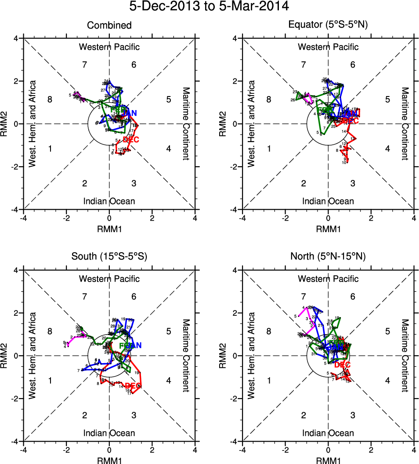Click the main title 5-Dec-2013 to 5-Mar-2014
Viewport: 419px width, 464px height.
click(209, 7)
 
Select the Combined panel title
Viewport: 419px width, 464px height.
click(109, 25)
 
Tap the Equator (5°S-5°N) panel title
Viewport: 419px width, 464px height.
click(328, 25)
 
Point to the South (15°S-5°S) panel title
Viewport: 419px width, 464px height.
click(109, 257)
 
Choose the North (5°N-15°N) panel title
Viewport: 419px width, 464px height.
click(328, 257)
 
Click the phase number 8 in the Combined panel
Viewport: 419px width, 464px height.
click(50, 100)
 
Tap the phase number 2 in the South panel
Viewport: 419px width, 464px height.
click(85, 415)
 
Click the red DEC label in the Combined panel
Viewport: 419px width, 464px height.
click(131, 140)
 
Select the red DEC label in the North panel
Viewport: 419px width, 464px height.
click(343, 365)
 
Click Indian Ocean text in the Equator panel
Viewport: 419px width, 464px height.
click(328, 201)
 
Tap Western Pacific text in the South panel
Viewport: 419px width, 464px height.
click(109, 279)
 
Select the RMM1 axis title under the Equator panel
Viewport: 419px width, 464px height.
click(328, 228)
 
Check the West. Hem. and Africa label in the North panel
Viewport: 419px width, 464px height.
click(251, 355)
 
